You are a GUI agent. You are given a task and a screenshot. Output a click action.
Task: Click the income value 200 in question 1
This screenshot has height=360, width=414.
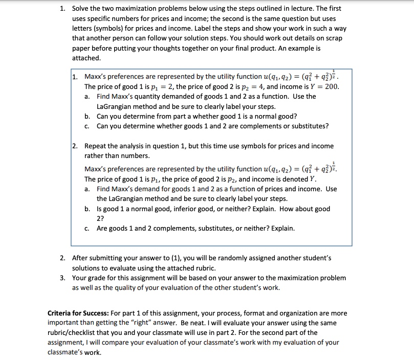pyautogui.click(x=332, y=86)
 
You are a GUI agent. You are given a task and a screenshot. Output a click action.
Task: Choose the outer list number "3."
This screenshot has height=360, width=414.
pyautogui.click(x=62, y=278)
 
